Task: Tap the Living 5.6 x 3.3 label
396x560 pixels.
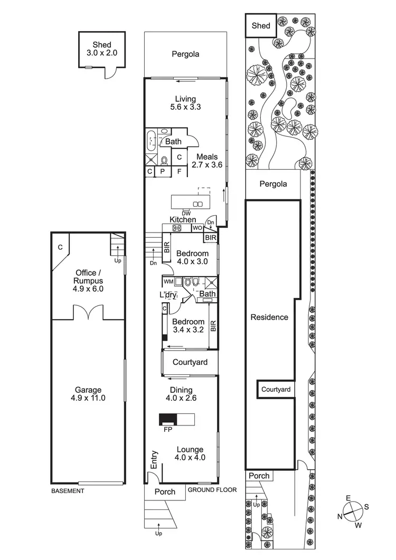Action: [186, 103]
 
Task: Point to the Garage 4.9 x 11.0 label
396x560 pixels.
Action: [88, 394]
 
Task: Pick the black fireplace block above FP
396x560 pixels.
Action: [168, 419]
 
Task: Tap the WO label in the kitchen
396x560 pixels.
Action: [197, 228]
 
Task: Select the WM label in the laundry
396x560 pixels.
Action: [168, 282]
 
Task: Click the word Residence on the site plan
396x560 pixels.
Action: [269, 317]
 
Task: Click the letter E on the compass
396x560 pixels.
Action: [348, 498]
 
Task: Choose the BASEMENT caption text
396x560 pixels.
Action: [67, 491]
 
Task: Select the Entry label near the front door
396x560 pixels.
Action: [155, 459]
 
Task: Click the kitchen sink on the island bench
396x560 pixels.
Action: [198, 204]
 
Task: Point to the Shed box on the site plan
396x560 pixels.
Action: [261, 25]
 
